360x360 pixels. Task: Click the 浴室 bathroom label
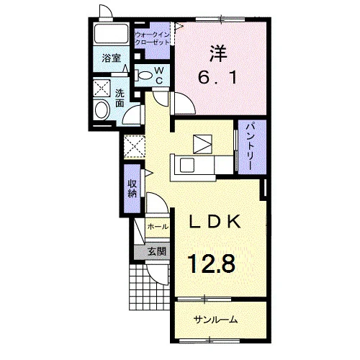point(112,58)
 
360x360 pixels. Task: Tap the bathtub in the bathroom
point(111,34)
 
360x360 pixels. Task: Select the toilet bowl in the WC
point(145,76)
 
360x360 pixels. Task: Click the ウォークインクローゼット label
point(152,39)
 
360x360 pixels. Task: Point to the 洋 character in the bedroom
point(218,53)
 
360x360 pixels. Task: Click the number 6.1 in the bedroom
point(218,77)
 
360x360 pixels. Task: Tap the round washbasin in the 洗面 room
point(102,109)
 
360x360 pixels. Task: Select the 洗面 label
point(120,98)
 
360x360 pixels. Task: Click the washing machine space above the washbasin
point(102,89)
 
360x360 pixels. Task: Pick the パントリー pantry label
point(252,147)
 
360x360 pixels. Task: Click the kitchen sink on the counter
point(187,166)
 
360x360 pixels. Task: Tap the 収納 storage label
point(132,189)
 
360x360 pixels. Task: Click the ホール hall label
point(158,226)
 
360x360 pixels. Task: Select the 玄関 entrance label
point(157,252)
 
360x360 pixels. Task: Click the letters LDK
point(215,222)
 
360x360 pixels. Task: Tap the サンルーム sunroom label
point(215,320)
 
